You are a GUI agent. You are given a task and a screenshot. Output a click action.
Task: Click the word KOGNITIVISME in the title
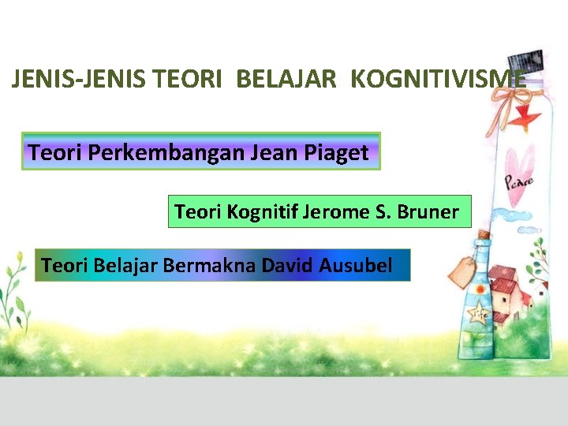pyautogui.click(x=438, y=79)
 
